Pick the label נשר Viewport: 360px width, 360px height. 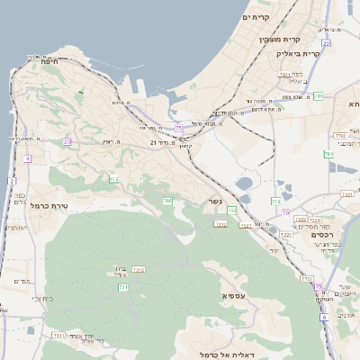tap(214, 201)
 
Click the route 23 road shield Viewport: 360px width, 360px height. tap(67, 141)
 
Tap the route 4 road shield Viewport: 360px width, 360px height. tap(27, 158)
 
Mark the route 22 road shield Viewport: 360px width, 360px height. tap(325, 43)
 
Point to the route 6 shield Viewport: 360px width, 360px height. tap(324, 317)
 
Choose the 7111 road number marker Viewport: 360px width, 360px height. tap(58, 335)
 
